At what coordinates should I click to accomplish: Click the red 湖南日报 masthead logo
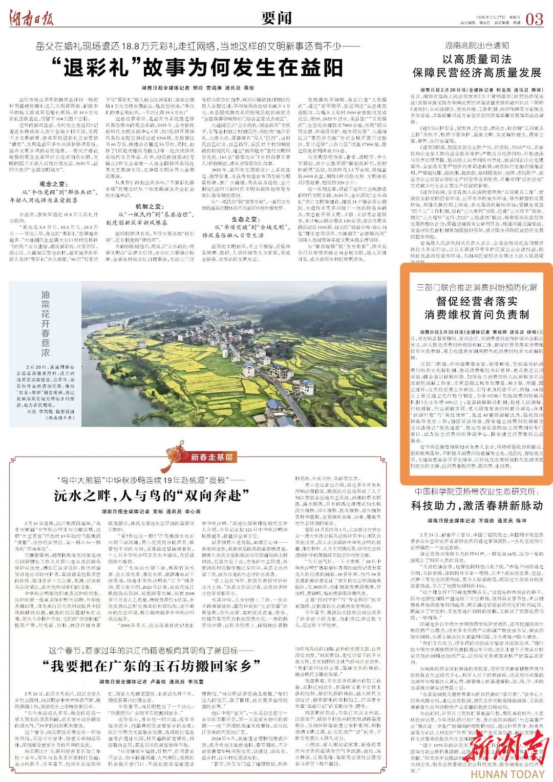tap(31, 19)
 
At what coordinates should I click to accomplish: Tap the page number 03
tap(534, 19)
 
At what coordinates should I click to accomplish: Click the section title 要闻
tap(276, 18)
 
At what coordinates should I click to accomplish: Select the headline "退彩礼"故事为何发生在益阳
tap(198, 68)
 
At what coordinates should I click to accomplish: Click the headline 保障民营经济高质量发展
tap(477, 73)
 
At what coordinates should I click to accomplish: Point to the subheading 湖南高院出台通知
tap(477, 46)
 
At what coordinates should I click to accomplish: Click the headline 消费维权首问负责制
tap(477, 314)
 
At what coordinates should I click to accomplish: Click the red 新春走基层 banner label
tap(211, 457)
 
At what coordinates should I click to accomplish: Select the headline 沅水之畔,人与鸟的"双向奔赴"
tap(152, 496)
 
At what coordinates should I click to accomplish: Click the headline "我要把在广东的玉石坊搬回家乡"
tap(152, 665)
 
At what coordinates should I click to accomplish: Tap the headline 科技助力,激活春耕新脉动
tap(477, 506)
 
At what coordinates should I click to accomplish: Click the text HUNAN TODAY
tap(507, 774)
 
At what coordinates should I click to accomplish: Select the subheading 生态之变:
tap(245, 219)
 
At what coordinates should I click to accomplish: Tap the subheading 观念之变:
tap(53, 184)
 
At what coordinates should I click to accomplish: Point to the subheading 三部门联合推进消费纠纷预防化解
tap(477, 287)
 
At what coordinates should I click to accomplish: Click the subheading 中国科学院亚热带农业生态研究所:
tap(477, 491)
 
